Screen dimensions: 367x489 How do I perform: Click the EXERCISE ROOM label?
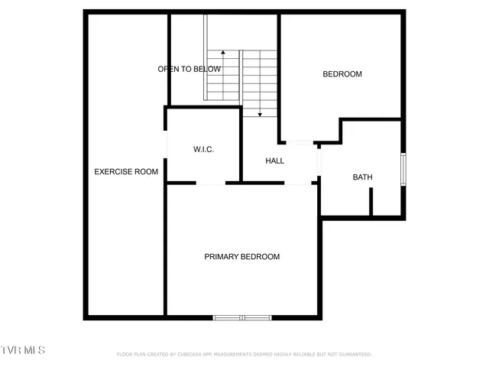point(126,172)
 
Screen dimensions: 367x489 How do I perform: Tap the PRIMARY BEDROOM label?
point(241,257)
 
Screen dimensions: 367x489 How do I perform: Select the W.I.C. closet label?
point(203,149)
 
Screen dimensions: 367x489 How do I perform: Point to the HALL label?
point(274,161)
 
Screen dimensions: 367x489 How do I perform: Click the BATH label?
point(362,177)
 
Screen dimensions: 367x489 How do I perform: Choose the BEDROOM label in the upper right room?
point(342,74)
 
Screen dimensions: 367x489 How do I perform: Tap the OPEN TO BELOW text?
point(189,69)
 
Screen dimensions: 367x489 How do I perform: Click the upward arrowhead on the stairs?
point(223,53)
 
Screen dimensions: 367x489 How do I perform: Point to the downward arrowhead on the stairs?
point(261,114)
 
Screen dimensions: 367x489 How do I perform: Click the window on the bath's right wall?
point(403,170)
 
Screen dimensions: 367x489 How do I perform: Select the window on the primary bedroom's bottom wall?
point(241,317)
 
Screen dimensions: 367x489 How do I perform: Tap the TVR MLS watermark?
point(23,349)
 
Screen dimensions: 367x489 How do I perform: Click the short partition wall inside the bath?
point(371,201)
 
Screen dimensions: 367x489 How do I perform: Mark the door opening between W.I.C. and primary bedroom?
point(211,183)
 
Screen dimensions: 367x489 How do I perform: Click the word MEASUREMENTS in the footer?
point(232,355)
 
